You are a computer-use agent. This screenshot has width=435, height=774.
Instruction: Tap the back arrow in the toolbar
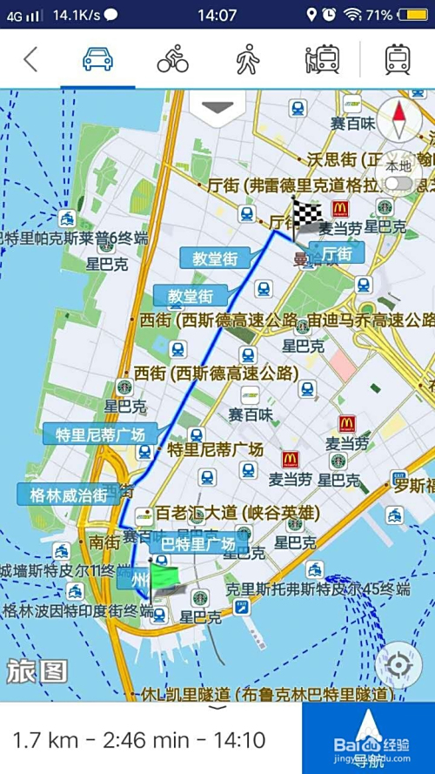tap(30, 59)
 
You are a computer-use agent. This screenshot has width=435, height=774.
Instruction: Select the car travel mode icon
tap(97, 59)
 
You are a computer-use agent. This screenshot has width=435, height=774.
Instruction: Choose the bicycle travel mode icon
tap(172, 59)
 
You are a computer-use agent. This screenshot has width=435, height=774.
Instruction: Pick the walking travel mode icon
tap(248, 59)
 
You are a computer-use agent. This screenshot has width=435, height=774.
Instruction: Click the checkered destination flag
tap(304, 214)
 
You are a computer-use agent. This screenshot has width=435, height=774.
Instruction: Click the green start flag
tap(162, 578)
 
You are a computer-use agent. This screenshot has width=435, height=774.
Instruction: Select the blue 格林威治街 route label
tap(69, 495)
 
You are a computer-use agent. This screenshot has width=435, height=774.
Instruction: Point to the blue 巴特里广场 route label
tap(197, 544)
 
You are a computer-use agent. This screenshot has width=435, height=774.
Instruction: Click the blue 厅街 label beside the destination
tap(337, 253)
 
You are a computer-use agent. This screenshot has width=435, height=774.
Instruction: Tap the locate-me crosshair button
tap(399, 666)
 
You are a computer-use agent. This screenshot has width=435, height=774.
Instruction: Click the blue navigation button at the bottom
tap(369, 738)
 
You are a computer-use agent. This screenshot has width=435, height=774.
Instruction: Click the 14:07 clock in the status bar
tap(217, 15)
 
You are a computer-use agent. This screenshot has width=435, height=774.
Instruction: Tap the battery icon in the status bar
tap(410, 15)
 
